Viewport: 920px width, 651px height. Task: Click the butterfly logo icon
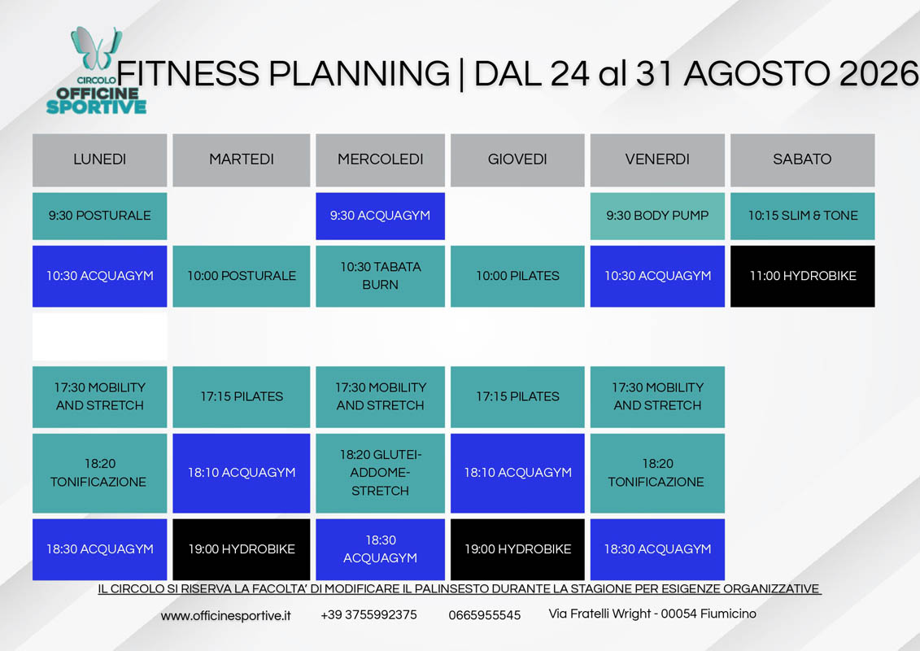[96, 48]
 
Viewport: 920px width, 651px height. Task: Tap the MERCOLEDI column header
[380, 159]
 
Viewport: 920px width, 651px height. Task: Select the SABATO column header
[802, 159]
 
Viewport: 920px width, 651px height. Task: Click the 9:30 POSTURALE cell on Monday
[100, 216]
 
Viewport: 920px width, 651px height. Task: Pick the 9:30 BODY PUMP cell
[657, 216]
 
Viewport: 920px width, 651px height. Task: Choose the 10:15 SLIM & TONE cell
[802, 216]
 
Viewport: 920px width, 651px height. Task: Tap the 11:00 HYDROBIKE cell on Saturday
[802, 276]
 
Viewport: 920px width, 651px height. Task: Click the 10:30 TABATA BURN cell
[380, 276]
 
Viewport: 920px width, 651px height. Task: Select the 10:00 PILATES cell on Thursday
[517, 276]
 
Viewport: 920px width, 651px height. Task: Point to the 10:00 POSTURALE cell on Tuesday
[241, 276]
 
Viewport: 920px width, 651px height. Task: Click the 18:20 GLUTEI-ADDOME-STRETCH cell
[380, 473]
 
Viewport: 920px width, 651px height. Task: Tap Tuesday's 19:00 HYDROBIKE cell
[241, 549]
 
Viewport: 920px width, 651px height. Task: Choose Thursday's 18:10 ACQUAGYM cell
[517, 473]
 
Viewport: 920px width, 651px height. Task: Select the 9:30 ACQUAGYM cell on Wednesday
[380, 216]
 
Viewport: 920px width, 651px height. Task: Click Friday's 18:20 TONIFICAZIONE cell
[657, 473]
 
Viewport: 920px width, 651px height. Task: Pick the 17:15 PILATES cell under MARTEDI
[241, 397]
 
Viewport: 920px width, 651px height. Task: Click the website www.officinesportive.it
[225, 616]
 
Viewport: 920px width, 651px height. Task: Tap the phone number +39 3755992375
[368, 614]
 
